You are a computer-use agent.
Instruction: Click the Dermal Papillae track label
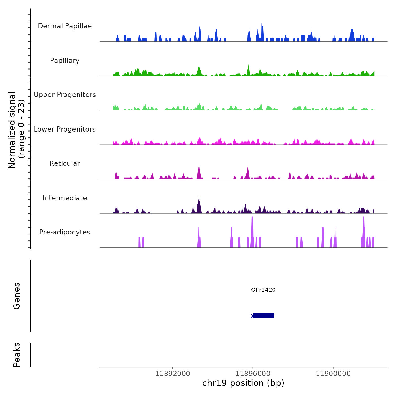point(65,26)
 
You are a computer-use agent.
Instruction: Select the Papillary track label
point(65,61)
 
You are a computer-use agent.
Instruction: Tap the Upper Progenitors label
point(65,95)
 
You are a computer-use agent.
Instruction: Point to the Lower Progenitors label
point(65,129)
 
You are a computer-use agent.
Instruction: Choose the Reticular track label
point(65,163)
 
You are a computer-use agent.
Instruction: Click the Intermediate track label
point(65,198)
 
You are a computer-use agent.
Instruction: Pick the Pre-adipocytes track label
point(65,232)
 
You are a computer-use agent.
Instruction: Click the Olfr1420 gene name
point(263,290)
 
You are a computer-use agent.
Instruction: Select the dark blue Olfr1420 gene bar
point(263,316)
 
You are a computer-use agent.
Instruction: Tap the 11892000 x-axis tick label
point(173,374)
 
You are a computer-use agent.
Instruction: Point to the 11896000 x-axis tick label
point(253,374)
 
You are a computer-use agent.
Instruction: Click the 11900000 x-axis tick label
point(333,374)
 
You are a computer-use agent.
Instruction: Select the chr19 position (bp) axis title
point(243,383)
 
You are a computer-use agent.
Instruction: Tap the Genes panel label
point(16,296)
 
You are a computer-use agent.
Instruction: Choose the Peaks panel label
point(16,355)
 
